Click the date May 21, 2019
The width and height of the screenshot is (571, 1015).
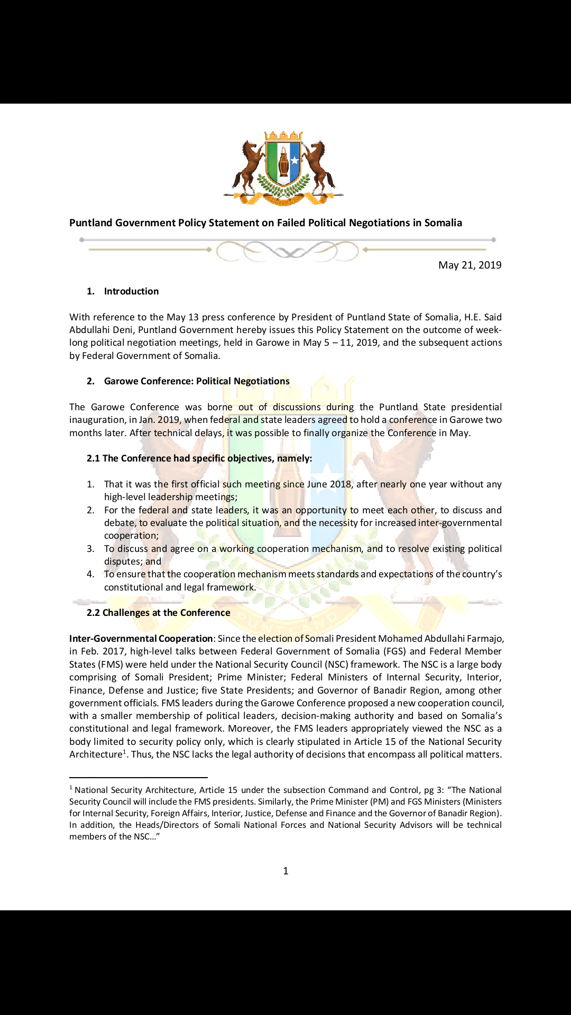469,265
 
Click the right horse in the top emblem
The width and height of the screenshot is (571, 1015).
320,164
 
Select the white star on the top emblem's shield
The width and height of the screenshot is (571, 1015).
294,160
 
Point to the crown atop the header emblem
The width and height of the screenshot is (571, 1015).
283,136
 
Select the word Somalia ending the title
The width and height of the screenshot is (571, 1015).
443,223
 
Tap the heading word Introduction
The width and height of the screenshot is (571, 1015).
131,291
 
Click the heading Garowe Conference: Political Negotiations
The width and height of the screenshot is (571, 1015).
197,381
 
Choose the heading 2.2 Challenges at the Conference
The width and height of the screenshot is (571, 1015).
159,613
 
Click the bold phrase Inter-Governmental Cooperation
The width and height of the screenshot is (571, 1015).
141,639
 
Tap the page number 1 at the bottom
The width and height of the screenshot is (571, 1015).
285,871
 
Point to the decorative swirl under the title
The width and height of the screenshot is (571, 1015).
287,251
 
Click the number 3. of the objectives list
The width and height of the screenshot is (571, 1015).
90,549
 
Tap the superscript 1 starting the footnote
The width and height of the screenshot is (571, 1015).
71,788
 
